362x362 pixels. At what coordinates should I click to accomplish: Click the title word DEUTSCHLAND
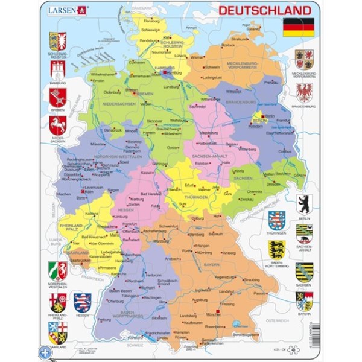(264, 10)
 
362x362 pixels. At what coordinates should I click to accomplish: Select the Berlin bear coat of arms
(304, 204)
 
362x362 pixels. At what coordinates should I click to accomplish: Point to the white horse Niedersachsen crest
(57, 125)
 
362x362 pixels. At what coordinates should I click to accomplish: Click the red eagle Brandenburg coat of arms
(304, 92)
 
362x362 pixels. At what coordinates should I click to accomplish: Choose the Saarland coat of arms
(57, 332)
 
